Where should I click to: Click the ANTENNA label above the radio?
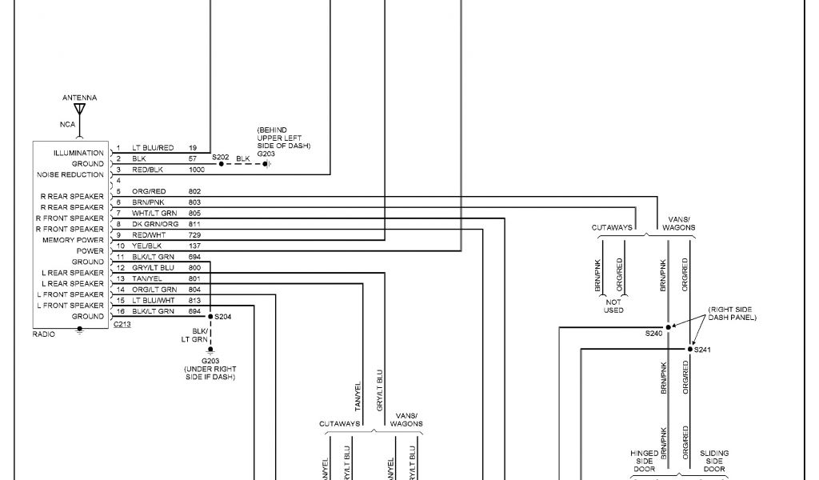(x=79, y=98)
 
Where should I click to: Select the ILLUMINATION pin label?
(x=78, y=153)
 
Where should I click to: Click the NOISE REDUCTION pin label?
(x=70, y=174)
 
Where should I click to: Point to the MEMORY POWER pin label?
(x=74, y=240)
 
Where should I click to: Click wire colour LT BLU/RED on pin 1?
(x=153, y=148)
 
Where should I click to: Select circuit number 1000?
(x=197, y=170)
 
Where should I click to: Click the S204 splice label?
(x=222, y=317)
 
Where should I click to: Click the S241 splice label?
(x=702, y=350)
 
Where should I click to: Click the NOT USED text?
(x=613, y=306)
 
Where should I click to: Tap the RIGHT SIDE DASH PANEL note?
(x=731, y=314)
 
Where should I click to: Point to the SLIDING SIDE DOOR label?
(x=713, y=460)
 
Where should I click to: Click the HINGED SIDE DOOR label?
(x=645, y=460)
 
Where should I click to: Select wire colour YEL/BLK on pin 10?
(x=147, y=246)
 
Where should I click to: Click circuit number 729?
(x=194, y=235)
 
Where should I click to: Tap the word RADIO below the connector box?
(x=44, y=334)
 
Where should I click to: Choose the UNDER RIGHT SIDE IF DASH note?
(x=210, y=369)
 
